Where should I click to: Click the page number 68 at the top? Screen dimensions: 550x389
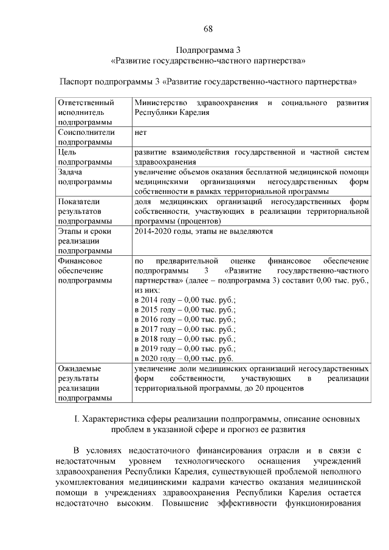tap(208, 29)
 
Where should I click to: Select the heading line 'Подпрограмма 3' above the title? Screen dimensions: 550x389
tap(208, 50)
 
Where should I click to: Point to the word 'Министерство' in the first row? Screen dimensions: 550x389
tap(160, 103)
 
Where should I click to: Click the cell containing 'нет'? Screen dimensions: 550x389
tap(141, 132)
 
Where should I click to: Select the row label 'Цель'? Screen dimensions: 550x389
tap(67, 152)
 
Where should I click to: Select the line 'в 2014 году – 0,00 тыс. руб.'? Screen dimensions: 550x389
tap(185, 300)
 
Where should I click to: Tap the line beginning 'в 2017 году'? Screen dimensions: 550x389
tap(185, 329)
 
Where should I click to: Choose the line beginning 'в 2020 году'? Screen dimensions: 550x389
tap(184, 359)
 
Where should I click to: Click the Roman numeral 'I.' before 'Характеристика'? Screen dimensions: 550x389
tap(77, 419)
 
